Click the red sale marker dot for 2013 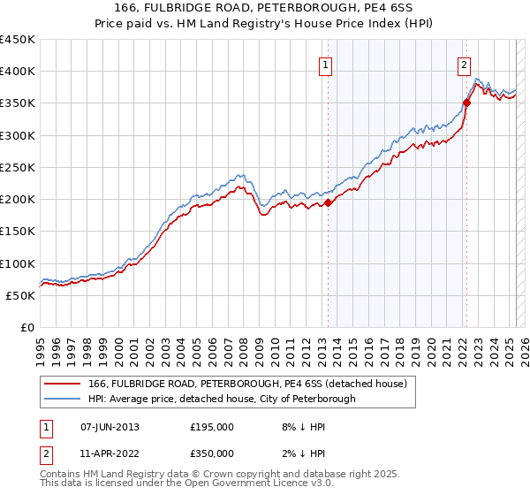click(328, 202)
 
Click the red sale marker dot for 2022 click(466, 103)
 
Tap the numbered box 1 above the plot click(326, 65)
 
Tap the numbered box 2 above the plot click(464, 65)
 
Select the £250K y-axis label click(18, 167)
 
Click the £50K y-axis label click(21, 295)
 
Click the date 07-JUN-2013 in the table click(110, 427)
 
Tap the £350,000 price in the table click(212, 453)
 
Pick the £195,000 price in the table click(212, 427)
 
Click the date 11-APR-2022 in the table click(110, 453)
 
